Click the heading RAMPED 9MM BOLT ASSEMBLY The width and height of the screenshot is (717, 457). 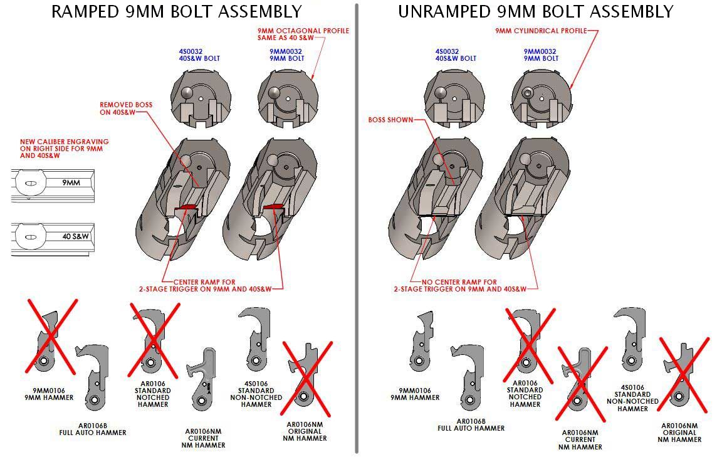pyautogui.click(x=176, y=11)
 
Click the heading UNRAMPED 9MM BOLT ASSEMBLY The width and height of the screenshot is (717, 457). pyautogui.click(x=535, y=11)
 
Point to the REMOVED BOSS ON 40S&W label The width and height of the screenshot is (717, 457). pyautogui.click(x=126, y=108)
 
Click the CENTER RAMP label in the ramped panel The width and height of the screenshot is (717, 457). pyautogui.click(x=210, y=285)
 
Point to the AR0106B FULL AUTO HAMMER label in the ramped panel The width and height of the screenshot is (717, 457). pyautogui.click(x=93, y=429)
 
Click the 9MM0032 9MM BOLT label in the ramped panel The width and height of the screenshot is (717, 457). pyautogui.click(x=286, y=55)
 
